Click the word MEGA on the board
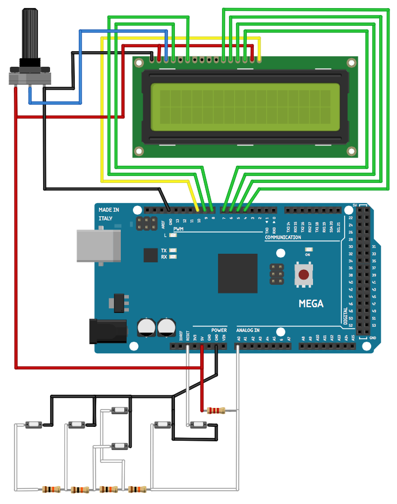point(311,304)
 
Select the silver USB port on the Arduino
point(98,247)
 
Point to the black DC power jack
point(108,331)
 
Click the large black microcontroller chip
point(237,273)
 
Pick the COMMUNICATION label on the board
point(283,237)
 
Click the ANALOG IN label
point(248,330)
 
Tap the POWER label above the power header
point(219,330)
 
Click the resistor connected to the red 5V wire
point(216,410)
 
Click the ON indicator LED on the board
point(308,250)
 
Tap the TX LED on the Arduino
point(172,250)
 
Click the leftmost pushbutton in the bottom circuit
point(33,425)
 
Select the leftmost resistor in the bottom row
point(51,490)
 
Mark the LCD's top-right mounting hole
point(351,63)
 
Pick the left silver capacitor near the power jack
point(147,327)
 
